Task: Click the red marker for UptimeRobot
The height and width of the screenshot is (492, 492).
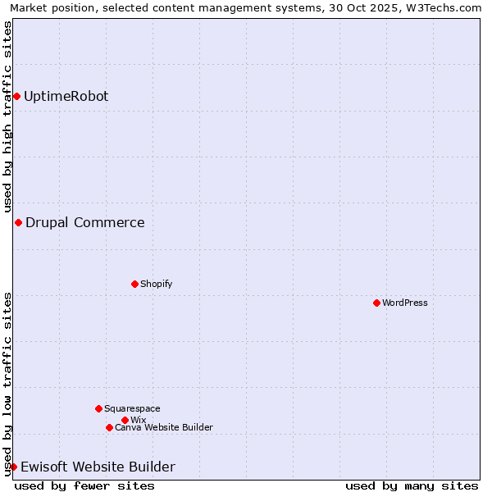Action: (16, 97)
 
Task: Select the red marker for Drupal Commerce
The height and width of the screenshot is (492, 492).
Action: (18, 223)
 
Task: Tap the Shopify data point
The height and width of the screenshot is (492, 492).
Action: (134, 285)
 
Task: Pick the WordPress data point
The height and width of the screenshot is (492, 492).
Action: (376, 303)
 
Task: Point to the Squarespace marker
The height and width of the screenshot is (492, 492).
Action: (98, 408)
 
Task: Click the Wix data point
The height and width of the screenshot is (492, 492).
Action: (125, 420)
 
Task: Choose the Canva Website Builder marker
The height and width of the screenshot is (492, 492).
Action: (109, 428)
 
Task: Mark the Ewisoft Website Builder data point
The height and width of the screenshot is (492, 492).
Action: (13, 467)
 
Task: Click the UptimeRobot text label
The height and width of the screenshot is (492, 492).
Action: (66, 97)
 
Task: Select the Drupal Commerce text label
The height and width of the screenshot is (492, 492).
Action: (85, 223)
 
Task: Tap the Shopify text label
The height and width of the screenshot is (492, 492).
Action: (156, 285)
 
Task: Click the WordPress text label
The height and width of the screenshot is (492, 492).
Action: (405, 303)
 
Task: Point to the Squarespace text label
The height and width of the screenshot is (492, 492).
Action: (132, 408)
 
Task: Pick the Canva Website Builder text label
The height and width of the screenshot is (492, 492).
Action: (164, 428)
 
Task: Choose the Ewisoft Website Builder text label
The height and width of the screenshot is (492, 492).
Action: (98, 467)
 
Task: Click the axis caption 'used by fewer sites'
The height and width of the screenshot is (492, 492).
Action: (84, 486)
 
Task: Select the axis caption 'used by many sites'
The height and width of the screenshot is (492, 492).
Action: (412, 486)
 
